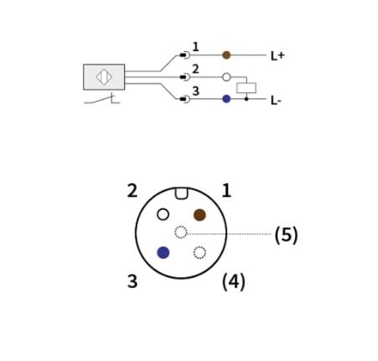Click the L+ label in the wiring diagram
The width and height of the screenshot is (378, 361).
tap(277, 55)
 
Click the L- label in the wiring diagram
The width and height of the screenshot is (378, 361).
tap(276, 100)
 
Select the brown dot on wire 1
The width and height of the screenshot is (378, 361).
tap(226, 55)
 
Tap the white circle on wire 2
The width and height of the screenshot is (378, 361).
tap(226, 77)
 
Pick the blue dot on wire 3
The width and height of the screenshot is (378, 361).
tap(226, 99)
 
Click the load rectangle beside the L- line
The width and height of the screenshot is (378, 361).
tap(246, 88)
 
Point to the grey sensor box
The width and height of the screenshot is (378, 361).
tap(104, 77)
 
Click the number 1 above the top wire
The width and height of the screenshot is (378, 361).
tap(196, 47)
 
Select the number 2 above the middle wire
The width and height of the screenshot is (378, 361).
tap(195, 69)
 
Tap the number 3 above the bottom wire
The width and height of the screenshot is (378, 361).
tap(196, 91)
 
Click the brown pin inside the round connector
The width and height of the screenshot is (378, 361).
tap(199, 215)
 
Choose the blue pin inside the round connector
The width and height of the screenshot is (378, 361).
tap(163, 253)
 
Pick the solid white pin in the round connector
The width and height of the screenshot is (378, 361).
tap(163, 215)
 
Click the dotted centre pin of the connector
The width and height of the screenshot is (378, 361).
tap(181, 233)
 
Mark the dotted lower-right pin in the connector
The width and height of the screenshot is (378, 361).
tap(199, 253)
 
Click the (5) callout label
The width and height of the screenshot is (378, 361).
tap(287, 234)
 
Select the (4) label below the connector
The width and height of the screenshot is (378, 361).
tap(234, 282)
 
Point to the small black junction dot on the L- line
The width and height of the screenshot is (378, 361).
tap(246, 99)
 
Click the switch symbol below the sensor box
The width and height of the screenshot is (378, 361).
tap(102, 99)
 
